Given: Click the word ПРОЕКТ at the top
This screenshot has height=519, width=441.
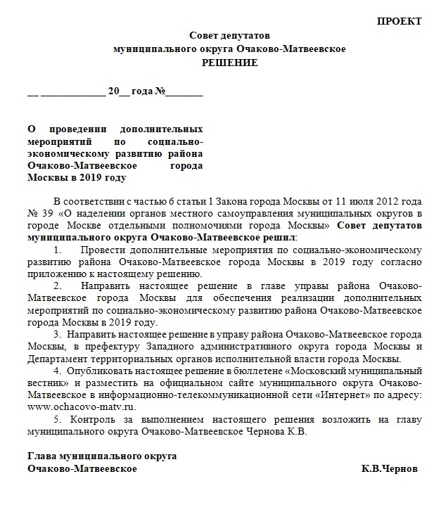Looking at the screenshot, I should tap(399, 21).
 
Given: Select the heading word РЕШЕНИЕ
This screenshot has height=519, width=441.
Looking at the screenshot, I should tap(229, 63).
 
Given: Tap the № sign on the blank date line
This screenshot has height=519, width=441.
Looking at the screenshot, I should tap(160, 91).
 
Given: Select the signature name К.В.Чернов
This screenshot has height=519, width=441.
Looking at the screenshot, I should tap(389, 468).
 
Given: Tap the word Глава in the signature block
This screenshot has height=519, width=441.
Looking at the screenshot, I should tap(41, 456).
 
